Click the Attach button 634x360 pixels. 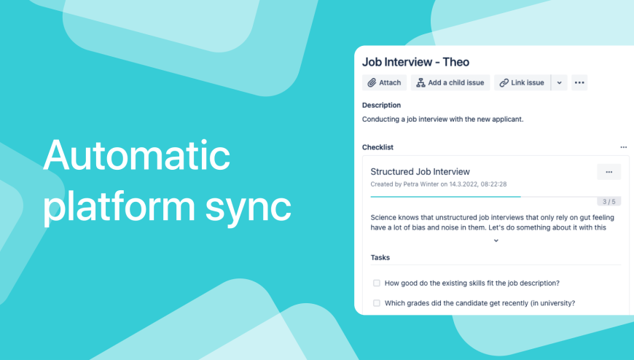(x=385, y=82)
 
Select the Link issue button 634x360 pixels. (x=522, y=82)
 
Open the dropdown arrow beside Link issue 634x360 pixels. (x=559, y=82)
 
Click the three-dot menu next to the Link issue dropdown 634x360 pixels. (x=579, y=82)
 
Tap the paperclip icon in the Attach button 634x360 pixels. (x=372, y=83)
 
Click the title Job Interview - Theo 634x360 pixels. (x=415, y=62)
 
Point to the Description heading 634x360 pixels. (x=381, y=105)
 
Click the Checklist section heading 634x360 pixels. (x=377, y=147)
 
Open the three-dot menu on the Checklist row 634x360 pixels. (x=624, y=147)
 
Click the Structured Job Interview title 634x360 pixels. (x=420, y=171)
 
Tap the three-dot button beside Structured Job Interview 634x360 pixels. (x=609, y=172)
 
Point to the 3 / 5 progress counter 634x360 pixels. (x=609, y=201)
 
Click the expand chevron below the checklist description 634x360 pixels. (x=496, y=240)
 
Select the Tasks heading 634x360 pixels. (x=380, y=258)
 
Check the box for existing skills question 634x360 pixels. (x=377, y=283)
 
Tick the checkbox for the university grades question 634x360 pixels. (x=377, y=303)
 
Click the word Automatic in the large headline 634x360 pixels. (x=137, y=156)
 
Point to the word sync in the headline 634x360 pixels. (x=248, y=207)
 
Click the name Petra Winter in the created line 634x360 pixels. (x=421, y=184)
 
